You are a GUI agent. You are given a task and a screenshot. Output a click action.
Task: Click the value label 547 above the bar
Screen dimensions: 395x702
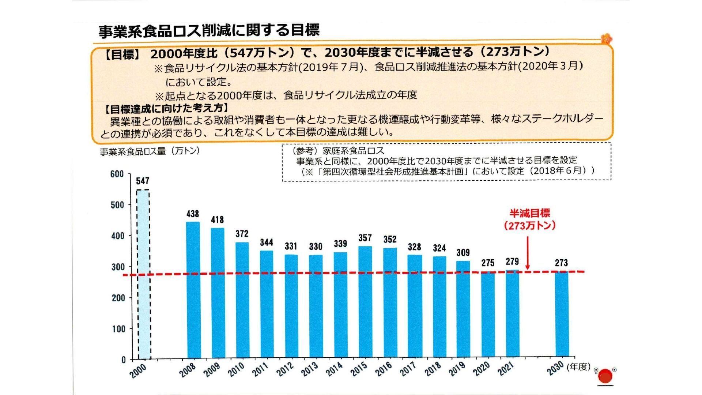tap(143, 181)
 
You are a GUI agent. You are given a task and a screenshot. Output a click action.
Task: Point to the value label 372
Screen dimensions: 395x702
tap(242, 234)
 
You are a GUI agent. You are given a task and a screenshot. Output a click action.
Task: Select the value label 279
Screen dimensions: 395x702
tap(512, 262)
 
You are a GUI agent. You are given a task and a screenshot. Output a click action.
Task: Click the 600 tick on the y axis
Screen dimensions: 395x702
tap(117, 174)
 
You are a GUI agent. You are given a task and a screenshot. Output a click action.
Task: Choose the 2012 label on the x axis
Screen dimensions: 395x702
tap(285, 369)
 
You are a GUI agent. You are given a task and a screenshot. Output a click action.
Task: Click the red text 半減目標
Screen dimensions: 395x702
tap(530, 213)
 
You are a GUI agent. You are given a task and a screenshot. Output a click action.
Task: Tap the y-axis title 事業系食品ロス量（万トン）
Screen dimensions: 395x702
tap(150, 151)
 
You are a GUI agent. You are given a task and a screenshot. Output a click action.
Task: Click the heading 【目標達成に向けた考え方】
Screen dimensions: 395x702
tap(166, 109)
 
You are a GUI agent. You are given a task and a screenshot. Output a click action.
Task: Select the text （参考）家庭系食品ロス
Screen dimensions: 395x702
tap(338, 151)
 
